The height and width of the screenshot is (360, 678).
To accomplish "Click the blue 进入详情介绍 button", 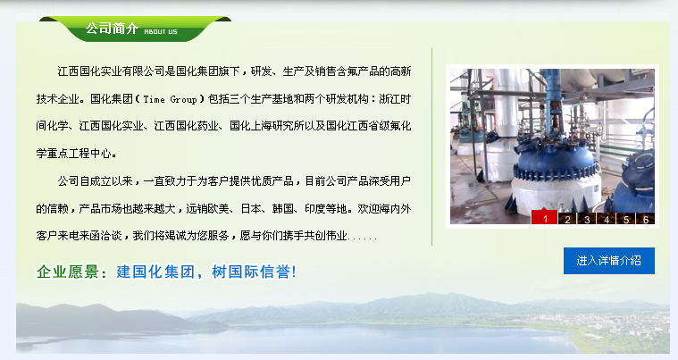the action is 609,261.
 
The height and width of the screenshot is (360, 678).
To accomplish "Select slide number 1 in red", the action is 544,218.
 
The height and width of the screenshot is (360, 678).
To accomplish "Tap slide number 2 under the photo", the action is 567,219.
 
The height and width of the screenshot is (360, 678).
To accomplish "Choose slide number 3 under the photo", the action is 587,219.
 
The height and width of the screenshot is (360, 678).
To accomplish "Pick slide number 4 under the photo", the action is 607,219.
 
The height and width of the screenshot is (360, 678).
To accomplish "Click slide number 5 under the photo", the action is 626,219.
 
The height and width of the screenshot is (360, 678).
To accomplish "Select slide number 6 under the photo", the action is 645,219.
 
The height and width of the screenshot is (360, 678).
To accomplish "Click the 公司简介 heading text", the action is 112,29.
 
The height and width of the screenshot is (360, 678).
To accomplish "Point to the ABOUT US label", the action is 161,31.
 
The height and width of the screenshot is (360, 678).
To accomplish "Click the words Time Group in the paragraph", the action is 170,99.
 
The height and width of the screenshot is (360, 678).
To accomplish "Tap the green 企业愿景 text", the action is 68,272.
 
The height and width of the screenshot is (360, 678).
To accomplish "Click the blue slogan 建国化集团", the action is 155,272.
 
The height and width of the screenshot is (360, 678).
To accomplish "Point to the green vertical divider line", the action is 432,147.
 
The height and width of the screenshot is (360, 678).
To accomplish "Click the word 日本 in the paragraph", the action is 251,209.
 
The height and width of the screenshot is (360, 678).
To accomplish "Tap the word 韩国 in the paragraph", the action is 283,209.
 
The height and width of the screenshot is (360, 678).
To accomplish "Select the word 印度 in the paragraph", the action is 315,209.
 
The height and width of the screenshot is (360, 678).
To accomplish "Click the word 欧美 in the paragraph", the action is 219,209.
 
